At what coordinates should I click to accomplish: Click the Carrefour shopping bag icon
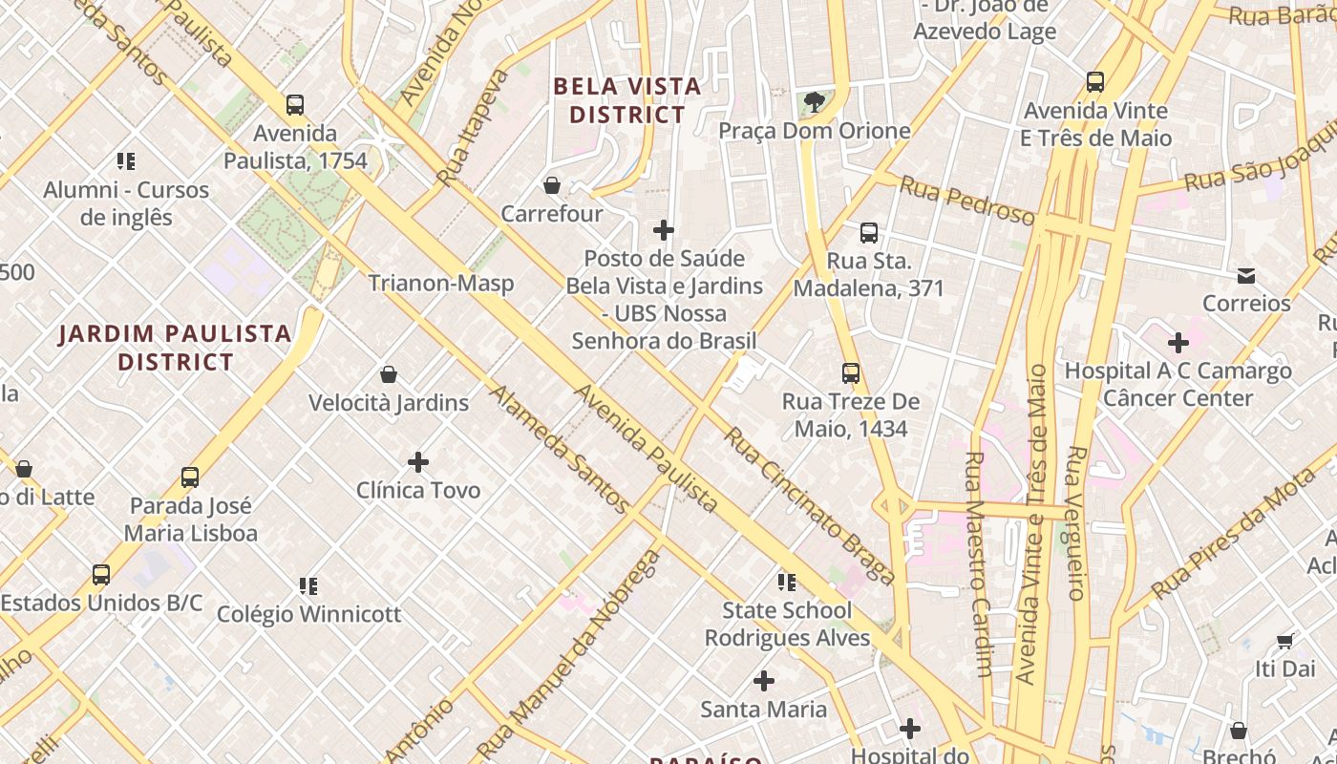click(x=551, y=185)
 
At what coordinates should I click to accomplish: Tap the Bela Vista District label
click(x=627, y=100)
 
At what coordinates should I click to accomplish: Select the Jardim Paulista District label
click(x=176, y=348)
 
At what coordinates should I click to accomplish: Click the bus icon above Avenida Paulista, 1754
click(x=295, y=105)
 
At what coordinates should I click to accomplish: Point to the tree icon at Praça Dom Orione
click(x=815, y=101)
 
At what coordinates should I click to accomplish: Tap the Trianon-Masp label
click(x=441, y=284)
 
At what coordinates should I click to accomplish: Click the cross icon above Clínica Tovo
click(x=418, y=462)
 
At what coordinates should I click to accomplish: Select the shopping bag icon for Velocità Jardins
click(x=389, y=374)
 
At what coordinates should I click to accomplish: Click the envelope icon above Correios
click(x=1246, y=276)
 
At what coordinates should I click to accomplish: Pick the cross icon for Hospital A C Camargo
click(x=1178, y=342)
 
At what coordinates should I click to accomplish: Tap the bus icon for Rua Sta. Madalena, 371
click(x=869, y=233)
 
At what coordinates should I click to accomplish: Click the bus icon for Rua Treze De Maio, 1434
click(x=851, y=373)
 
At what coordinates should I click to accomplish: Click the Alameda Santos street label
click(x=560, y=449)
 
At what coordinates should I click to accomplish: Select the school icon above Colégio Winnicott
click(x=308, y=585)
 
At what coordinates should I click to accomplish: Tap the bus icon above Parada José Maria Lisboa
click(x=190, y=477)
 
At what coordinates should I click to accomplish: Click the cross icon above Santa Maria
click(x=764, y=681)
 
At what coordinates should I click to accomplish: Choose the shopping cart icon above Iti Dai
click(x=1285, y=641)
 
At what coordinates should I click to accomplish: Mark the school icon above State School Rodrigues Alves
click(x=787, y=582)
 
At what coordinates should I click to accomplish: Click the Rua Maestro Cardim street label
click(x=979, y=563)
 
